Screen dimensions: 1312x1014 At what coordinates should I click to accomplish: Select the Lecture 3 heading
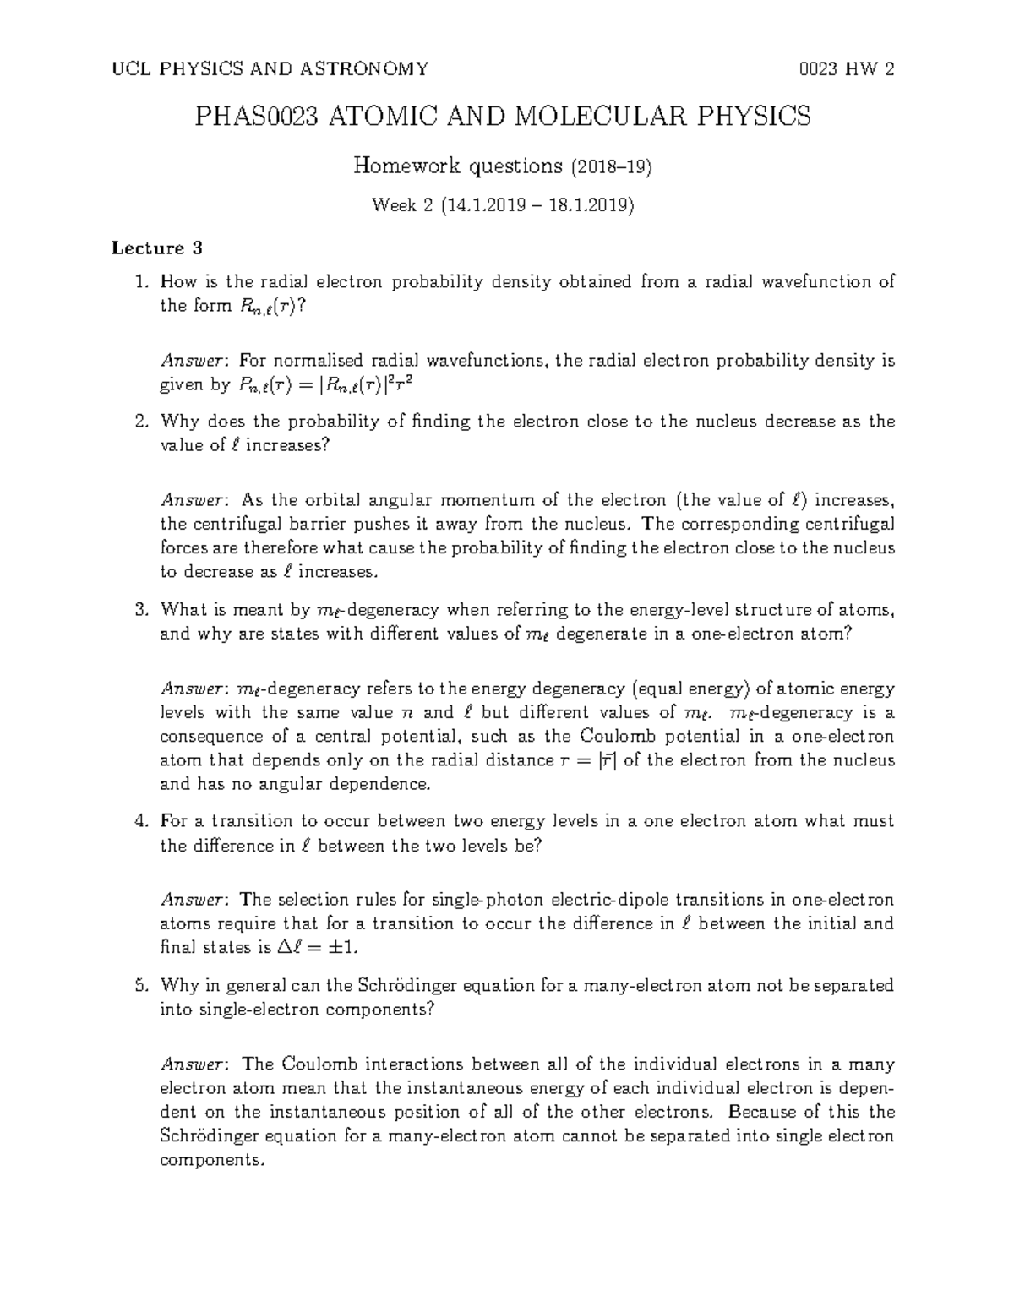click(158, 248)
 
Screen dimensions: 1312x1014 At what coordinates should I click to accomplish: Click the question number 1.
click(142, 282)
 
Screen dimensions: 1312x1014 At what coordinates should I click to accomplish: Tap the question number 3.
click(142, 610)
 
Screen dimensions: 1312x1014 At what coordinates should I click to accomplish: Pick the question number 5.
click(142, 985)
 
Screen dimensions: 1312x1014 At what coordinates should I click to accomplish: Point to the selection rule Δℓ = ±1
click(322, 948)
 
